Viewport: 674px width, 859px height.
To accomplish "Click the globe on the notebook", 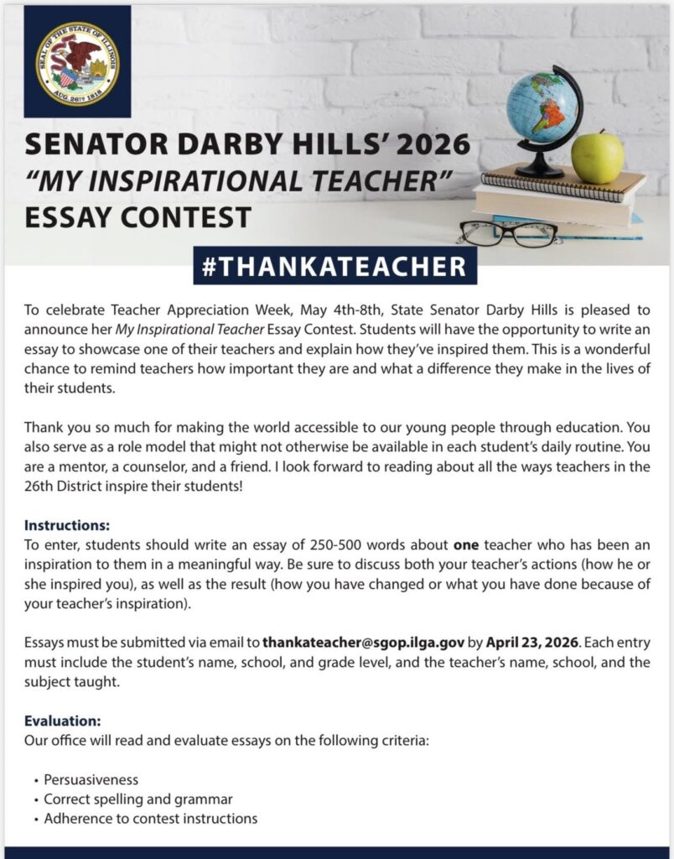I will click(543, 108).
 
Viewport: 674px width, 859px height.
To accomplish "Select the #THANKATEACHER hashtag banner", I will click(335, 266).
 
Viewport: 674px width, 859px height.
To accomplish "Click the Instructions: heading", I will click(67, 526).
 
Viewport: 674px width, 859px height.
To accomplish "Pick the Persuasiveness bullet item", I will click(91, 780).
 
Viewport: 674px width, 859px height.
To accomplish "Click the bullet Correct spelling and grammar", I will click(138, 799).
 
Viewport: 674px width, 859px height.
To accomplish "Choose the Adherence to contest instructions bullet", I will click(151, 819).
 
